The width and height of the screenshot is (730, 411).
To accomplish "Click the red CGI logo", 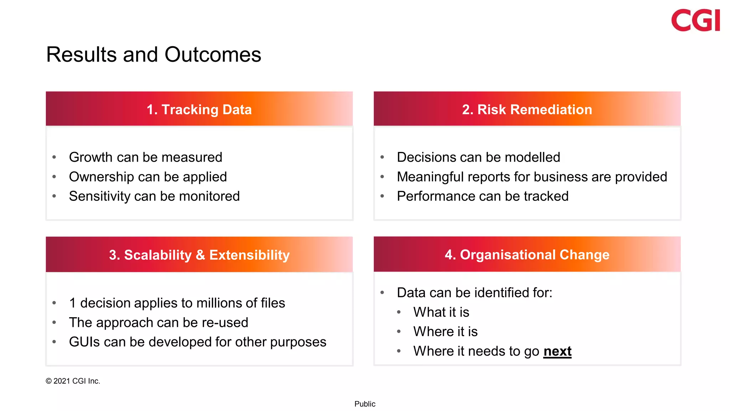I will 695,20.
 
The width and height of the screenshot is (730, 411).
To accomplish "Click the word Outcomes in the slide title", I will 213,55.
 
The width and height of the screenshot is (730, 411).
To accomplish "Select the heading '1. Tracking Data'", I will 199,110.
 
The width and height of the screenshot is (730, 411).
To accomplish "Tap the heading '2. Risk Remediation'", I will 527,110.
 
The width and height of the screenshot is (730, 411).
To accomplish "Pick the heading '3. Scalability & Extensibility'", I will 199,255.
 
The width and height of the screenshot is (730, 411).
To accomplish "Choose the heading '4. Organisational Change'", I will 527,255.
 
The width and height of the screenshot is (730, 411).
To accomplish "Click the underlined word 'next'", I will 557,351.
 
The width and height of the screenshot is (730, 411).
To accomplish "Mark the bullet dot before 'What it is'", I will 399,313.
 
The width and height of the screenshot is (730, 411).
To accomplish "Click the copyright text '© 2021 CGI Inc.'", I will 73,381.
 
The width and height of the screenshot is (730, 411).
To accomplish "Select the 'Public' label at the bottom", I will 365,404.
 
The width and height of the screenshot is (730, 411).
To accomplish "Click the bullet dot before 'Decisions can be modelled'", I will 382,157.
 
